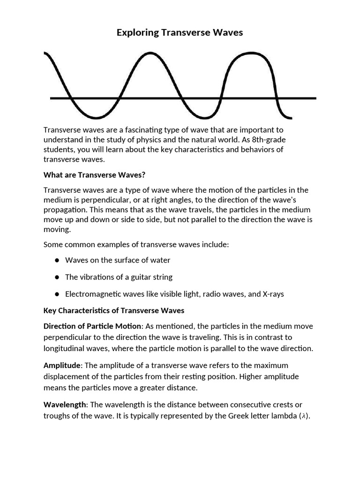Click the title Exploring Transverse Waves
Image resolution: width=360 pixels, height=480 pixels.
point(180,33)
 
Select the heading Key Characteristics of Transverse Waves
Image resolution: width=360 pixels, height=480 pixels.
point(114,310)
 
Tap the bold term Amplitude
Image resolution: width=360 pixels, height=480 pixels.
point(62,365)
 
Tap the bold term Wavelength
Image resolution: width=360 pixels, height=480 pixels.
point(65,404)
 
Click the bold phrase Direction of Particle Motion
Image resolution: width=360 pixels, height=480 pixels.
point(92,326)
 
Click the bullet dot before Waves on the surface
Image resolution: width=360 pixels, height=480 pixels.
point(57,260)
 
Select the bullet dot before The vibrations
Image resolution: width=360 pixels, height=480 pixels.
point(57,277)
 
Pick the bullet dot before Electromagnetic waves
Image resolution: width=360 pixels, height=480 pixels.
point(57,294)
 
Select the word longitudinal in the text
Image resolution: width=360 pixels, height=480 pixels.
point(66,348)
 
